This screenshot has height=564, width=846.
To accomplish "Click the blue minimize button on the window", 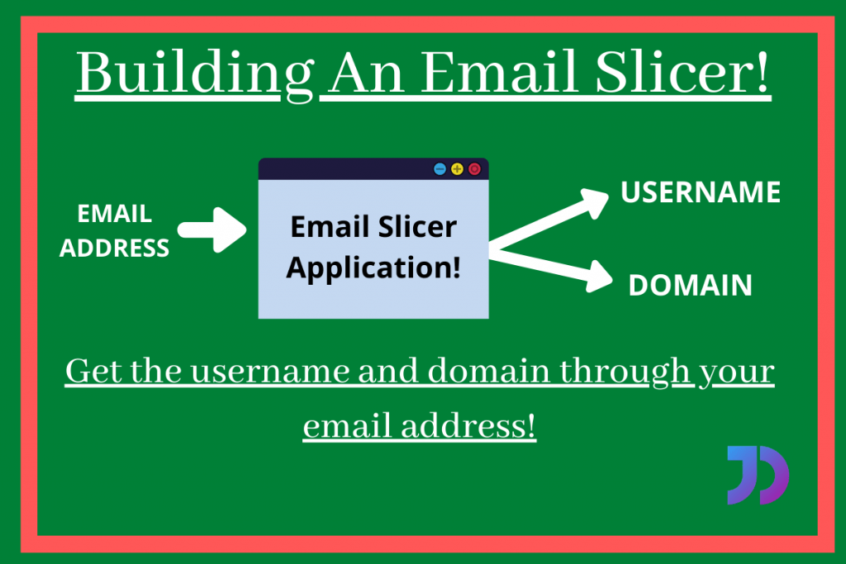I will pos(440,169).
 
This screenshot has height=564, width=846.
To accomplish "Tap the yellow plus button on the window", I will pos(457,169).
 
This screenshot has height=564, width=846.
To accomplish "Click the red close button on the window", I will pos(474,169).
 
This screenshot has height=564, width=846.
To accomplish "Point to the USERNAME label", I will pos(701,192).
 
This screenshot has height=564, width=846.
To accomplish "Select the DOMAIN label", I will pos(690,286).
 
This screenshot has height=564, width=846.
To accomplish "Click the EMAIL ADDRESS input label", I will pos(114,230).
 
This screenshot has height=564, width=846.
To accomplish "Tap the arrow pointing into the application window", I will pos(212,230).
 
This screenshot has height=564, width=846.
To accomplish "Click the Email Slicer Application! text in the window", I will pos(373,247).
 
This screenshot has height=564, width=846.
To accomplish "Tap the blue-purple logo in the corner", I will pos(758,475).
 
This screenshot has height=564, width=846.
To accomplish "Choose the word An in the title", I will pos(364,73).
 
